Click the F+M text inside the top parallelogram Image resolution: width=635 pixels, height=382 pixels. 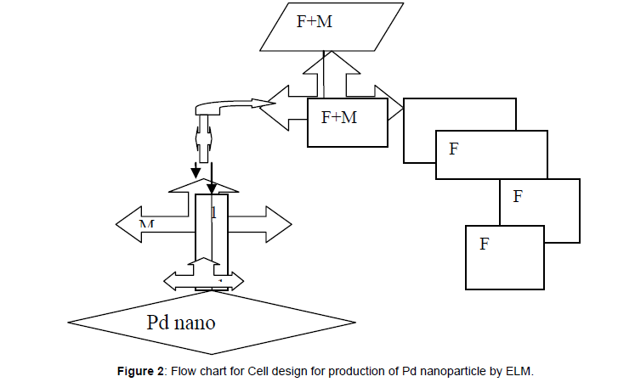[314, 20]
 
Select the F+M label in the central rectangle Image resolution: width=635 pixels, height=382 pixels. [339, 118]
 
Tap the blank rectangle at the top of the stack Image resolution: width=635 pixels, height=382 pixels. [459, 114]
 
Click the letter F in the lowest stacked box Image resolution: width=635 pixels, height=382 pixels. [484, 244]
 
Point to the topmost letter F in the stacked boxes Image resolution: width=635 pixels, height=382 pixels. [454, 150]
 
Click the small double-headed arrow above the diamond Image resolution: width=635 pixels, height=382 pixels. [203, 279]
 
